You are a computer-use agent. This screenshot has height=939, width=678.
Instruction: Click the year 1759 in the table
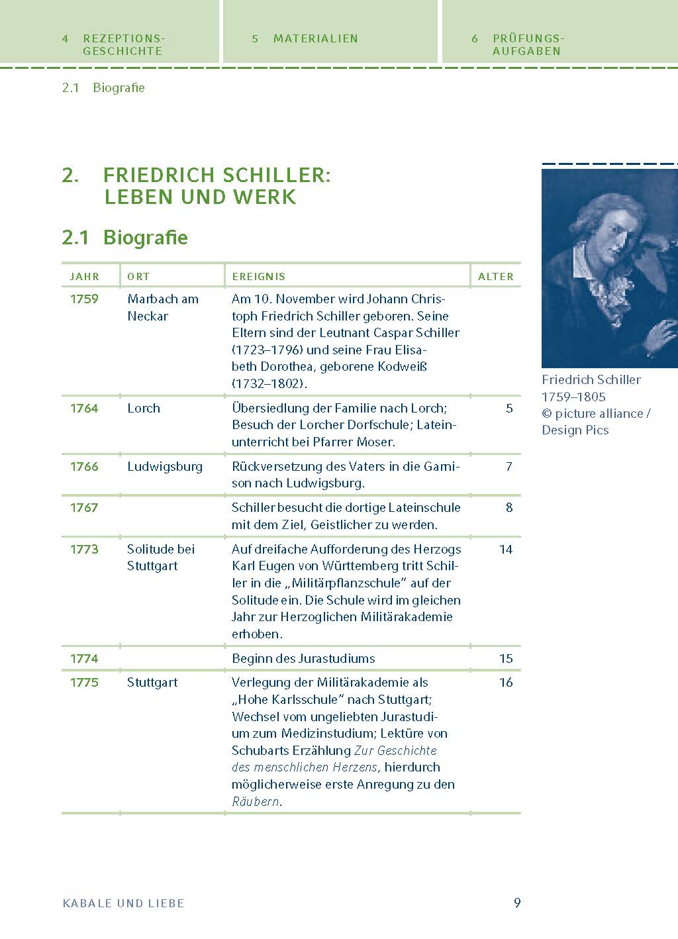[84, 299]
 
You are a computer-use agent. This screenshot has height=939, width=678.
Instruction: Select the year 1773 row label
[84, 549]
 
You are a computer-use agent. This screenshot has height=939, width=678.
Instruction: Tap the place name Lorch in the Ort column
[144, 408]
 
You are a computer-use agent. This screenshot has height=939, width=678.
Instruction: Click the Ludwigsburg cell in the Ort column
[165, 466]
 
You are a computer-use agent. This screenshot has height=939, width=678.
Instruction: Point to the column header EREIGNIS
[258, 276]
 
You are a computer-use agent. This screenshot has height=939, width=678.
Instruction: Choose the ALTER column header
[496, 276]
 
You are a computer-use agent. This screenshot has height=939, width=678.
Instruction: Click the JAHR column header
[85, 276]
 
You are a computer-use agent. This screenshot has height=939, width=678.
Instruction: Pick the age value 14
[506, 549]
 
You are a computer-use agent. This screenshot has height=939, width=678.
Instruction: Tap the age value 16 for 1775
[506, 682]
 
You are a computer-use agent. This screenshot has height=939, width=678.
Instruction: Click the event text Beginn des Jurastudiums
[303, 658]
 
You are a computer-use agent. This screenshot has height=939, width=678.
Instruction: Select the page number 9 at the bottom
[517, 903]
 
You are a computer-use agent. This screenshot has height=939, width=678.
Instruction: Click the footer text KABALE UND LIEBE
[123, 903]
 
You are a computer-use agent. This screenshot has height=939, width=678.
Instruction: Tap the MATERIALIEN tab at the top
[315, 38]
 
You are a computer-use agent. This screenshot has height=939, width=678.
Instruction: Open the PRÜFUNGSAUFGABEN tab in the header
[527, 44]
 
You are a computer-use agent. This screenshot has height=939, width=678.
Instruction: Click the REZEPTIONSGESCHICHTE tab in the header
[122, 44]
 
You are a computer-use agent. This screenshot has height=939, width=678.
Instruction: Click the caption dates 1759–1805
[573, 397]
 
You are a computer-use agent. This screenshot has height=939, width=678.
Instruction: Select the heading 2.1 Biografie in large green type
[125, 237]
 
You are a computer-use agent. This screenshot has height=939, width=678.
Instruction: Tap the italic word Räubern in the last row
[255, 801]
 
